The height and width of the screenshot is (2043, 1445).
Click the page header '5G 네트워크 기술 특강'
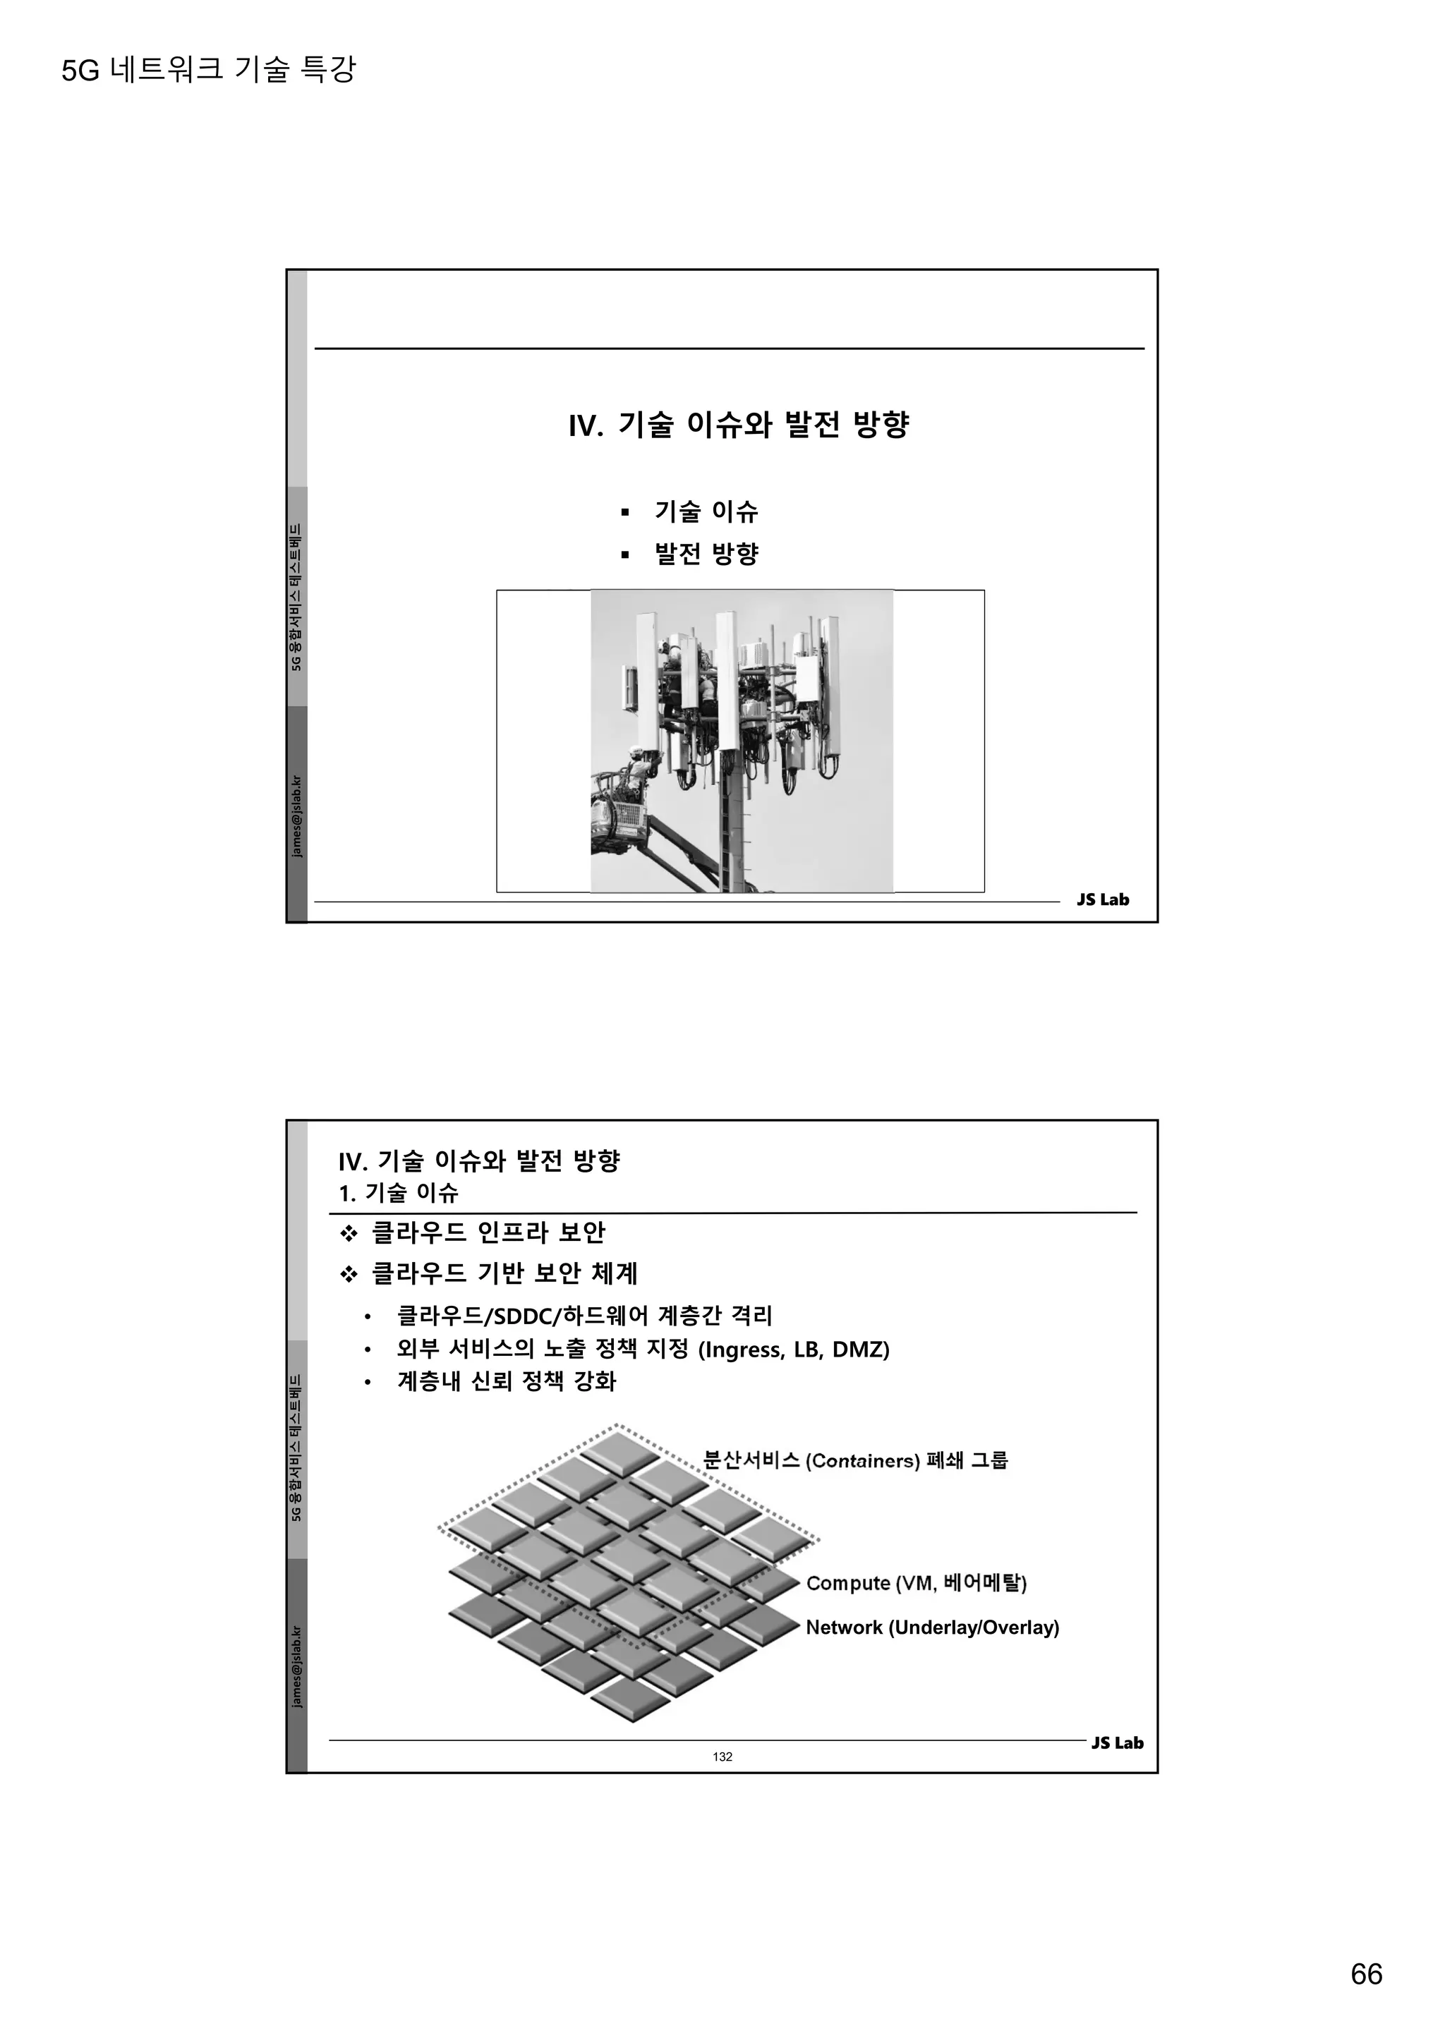click(x=208, y=69)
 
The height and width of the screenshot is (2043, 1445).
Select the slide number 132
click(x=722, y=1757)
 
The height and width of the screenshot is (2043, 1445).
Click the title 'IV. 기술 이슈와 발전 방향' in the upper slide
click(x=739, y=425)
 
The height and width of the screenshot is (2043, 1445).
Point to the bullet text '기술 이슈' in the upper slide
click(x=706, y=511)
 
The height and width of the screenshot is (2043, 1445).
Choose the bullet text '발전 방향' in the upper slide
click(x=706, y=554)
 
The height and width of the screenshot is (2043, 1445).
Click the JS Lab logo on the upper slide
click(x=1102, y=899)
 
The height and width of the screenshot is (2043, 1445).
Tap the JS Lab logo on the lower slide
click(x=1117, y=1743)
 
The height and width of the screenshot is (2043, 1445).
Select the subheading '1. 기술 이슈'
click(x=399, y=1192)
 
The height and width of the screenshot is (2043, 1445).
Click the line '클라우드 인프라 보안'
click(x=488, y=1232)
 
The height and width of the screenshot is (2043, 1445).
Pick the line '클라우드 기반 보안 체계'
click(x=504, y=1273)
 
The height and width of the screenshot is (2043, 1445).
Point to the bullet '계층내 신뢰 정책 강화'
click(x=507, y=1382)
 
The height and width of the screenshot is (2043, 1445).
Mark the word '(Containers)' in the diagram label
click(x=862, y=1461)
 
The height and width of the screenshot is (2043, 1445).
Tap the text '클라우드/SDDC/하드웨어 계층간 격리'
click(x=584, y=1315)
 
